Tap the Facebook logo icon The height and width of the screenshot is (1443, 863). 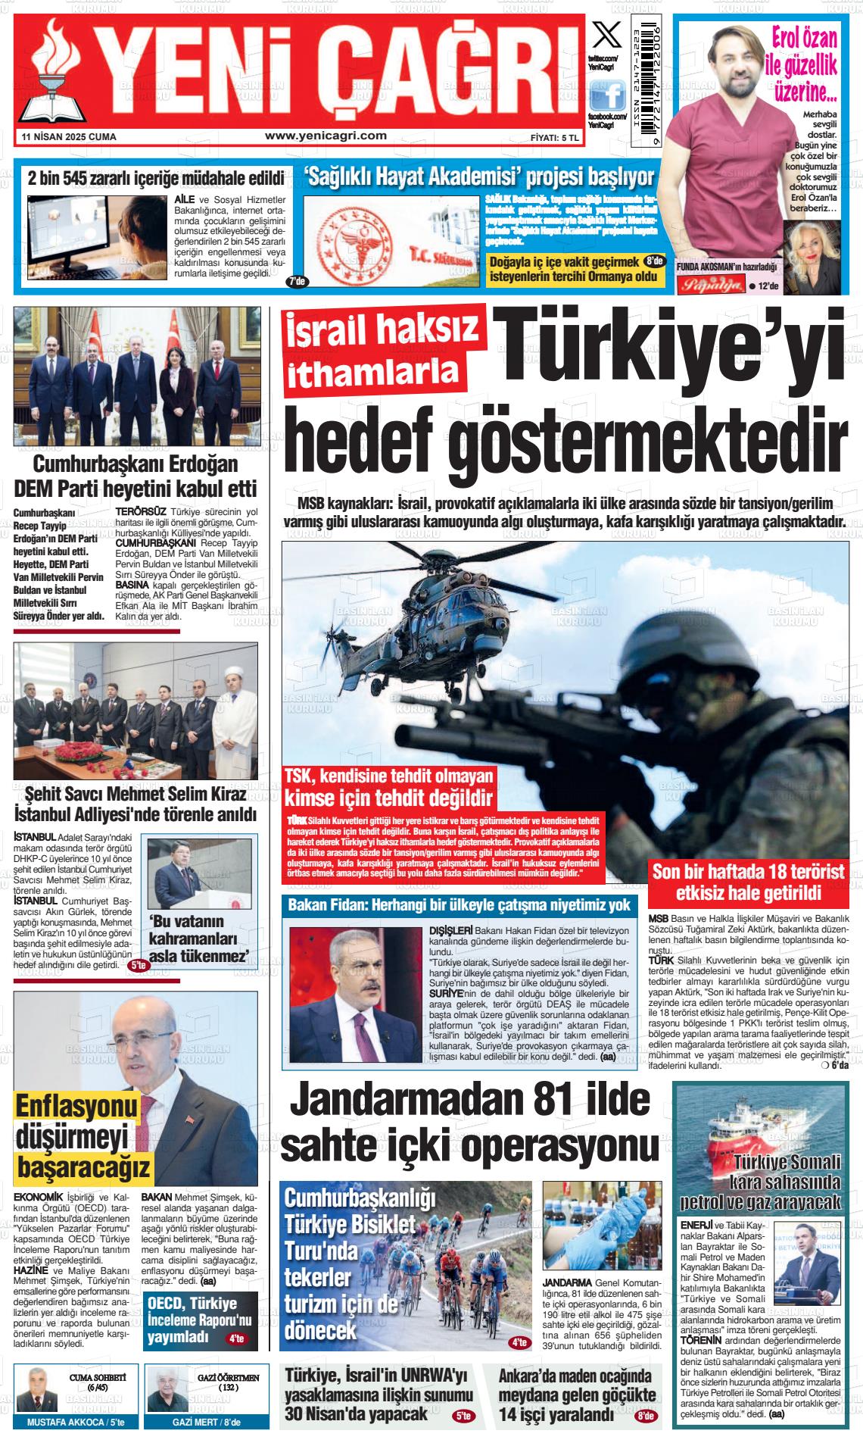tap(606, 95)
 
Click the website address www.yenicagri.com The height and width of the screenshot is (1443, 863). tap(326, 136)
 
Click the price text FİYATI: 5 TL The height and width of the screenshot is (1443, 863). tap(555, 138)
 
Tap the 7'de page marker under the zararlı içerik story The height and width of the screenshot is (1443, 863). tap(297, 282)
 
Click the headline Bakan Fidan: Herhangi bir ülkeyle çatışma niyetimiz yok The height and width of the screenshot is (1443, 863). tap(460, 905)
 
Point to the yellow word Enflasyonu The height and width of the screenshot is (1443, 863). tap(76, 1107)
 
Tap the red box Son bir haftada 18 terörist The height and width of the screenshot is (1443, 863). tap(748, 881)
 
